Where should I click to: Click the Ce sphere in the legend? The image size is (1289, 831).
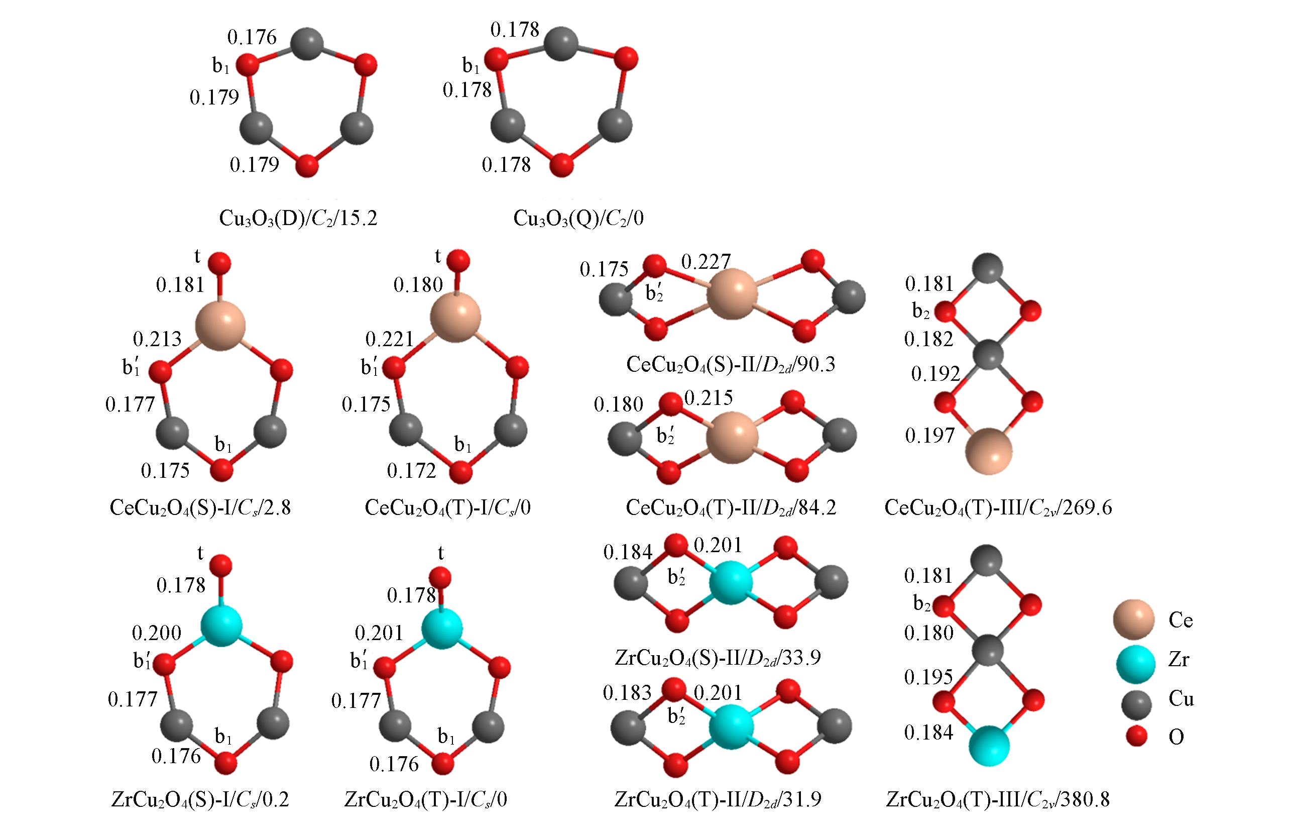click(x=1134, y=620)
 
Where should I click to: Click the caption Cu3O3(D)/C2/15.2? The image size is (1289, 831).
click(x=298, y=218)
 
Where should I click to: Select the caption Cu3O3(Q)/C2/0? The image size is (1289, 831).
click(x=578, y=218)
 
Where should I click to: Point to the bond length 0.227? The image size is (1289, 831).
click(x=706, y=262)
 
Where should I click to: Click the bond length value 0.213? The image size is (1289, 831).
click(x=157, y=339)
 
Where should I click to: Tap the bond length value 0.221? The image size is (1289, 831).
click(x=389, y=339)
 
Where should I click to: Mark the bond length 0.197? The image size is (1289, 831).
click(x=929, y=436)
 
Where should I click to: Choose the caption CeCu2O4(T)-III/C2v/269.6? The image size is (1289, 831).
click(x=998, y=508)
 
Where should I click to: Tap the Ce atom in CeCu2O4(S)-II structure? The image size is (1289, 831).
click(x=732, y=294)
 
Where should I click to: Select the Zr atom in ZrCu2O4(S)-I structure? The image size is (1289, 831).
click(x=221, y=626)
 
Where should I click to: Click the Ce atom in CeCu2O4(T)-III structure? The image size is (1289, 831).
click(x=989, y=451)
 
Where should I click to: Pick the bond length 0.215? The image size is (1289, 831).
click(x=709, y=398)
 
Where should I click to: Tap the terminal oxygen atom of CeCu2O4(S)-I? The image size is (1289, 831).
click(x=219, y=263)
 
